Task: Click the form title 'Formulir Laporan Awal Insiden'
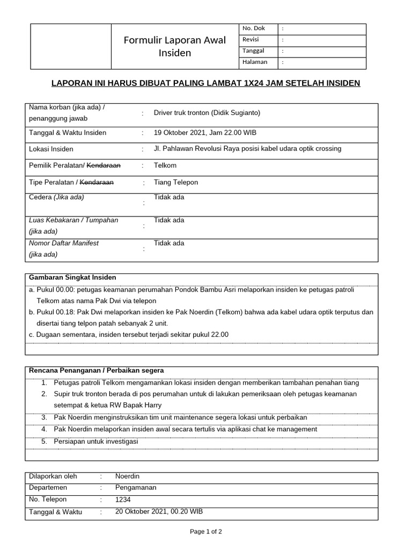(x=174, y=47)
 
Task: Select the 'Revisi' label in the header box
(x=251, y=39)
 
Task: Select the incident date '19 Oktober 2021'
(x=178, y=133)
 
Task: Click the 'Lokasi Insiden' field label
(x=51, y=149)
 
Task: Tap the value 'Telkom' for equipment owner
(x=165, y=165)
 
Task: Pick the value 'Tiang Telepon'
(x=175, y=182)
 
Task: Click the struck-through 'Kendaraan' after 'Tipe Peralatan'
(x=97, y=182)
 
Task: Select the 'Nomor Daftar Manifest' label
(x=63, y=243)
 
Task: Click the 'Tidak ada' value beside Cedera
(x=168, y=197)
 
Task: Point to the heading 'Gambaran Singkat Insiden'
(x=72, y=277)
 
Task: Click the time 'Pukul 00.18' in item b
(x=55, y=312)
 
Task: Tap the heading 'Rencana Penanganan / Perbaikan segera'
(x=97, y=371)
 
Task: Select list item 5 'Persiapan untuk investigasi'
(x=96, y=442)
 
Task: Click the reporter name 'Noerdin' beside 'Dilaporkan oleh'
(x=127, y=476)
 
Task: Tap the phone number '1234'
(x=123, y=500)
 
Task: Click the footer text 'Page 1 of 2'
(x=206, y=532)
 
